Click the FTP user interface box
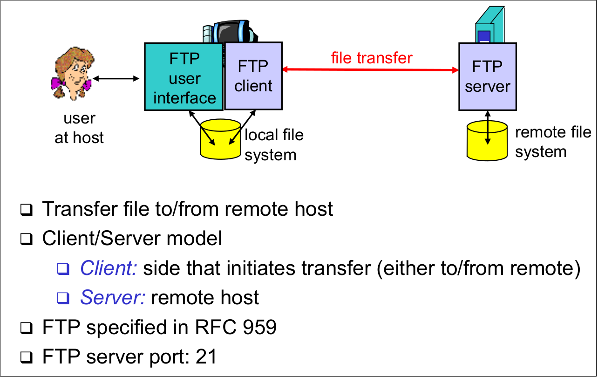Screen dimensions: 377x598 [x=184, y=76]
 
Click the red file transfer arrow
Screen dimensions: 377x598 [x=370, y=70]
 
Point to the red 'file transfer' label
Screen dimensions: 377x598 [x=371, y=57]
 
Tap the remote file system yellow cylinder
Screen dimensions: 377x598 [x=487, y=140]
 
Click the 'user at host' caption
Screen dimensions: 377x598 [x=79, y=128]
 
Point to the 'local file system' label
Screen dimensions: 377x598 [x=274, y=144]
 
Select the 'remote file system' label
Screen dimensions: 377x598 [x=553, y=142]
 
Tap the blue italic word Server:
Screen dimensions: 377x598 [x=112, y=297]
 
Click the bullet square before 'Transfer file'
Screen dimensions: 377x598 [x=26, y=210]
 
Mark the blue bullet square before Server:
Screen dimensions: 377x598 [x=63, y=298]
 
